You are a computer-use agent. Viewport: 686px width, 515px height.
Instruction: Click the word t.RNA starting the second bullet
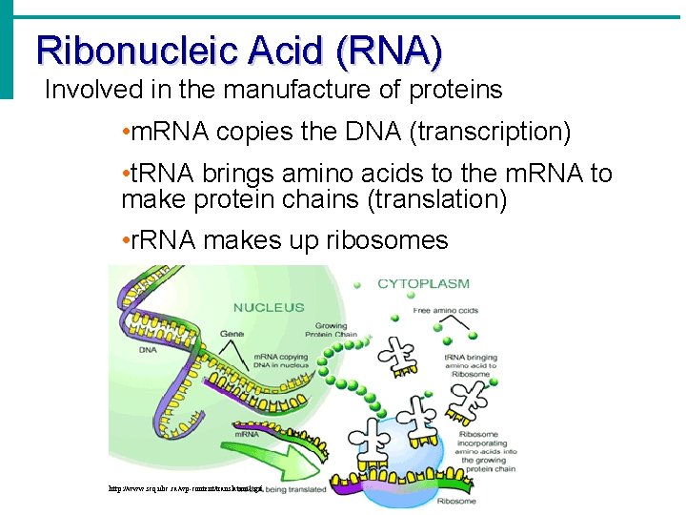(x=160, y=174)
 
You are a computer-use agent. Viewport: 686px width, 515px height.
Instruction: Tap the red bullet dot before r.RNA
(x=126, y=240)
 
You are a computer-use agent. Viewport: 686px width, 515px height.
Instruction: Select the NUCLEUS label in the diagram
(x=269, y=307)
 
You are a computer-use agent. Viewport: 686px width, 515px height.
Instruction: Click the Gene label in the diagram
(x=232, y=334)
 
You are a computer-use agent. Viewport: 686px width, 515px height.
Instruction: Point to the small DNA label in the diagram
(x=147, y=349)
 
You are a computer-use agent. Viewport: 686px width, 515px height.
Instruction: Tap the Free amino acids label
(x=447, y=310)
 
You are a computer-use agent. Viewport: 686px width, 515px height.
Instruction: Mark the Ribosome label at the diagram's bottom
(x=457, y=500)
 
